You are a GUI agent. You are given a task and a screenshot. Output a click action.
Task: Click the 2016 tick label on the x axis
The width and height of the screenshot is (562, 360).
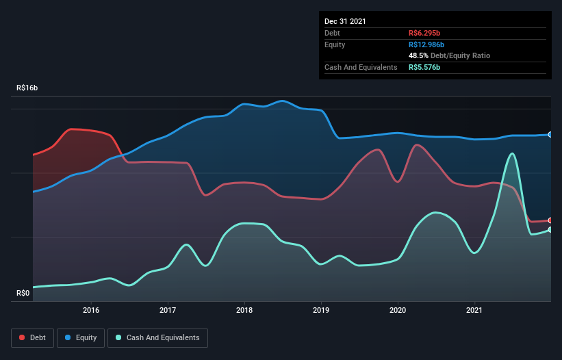91,310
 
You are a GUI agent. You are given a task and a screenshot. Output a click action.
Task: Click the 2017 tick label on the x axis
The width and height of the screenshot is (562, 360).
168,310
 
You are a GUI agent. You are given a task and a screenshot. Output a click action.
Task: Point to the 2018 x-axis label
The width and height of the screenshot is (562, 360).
244,310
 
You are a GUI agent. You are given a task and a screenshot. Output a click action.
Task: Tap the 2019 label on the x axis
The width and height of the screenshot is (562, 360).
321,310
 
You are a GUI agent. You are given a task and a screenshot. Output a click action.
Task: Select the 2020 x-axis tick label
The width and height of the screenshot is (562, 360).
398,310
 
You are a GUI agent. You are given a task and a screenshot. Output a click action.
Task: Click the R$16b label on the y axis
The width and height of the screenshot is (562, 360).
27,88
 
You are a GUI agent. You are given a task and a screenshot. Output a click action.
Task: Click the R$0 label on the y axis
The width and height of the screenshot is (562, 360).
23,294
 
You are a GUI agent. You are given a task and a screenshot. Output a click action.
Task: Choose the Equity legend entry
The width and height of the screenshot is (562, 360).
81,337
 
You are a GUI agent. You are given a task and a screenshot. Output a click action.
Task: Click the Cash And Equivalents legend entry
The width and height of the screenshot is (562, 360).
157,337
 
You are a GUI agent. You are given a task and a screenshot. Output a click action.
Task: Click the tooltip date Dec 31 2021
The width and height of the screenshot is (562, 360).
345,21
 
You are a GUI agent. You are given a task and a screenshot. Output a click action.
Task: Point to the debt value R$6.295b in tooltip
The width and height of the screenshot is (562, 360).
425,33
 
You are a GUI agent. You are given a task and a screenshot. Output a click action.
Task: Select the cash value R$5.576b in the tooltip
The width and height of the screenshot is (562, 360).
425,67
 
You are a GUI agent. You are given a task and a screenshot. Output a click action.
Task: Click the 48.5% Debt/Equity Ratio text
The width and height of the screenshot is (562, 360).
449,55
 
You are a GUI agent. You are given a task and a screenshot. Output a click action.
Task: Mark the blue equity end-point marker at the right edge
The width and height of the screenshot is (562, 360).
550,135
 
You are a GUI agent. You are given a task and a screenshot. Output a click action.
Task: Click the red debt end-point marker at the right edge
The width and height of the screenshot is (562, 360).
550,220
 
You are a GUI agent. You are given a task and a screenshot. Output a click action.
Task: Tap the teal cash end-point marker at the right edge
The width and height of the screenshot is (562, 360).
550,230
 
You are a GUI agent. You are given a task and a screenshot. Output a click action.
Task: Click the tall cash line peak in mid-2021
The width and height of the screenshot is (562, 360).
511,153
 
